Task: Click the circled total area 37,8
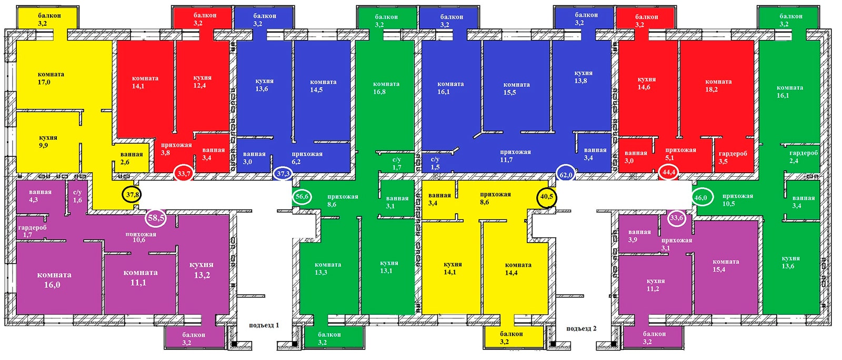pos(132,195)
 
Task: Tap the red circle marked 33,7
pos(184,173)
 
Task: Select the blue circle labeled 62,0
pos(566,174)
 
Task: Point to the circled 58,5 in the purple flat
pos(156,218)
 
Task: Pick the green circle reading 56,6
pos(302,196)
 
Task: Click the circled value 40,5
pos(547,196)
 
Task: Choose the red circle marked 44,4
pos(669,172)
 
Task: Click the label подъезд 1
pos(264,325)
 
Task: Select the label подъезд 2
pos(581,328)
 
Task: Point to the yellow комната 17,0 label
pos(48,78)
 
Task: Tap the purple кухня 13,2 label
pos(202,270)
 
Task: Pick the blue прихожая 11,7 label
pos(515,156)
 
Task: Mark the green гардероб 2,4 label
pos(803,157)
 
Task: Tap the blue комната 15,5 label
pos(516,88)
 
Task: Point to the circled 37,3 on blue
pos(283,173)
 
